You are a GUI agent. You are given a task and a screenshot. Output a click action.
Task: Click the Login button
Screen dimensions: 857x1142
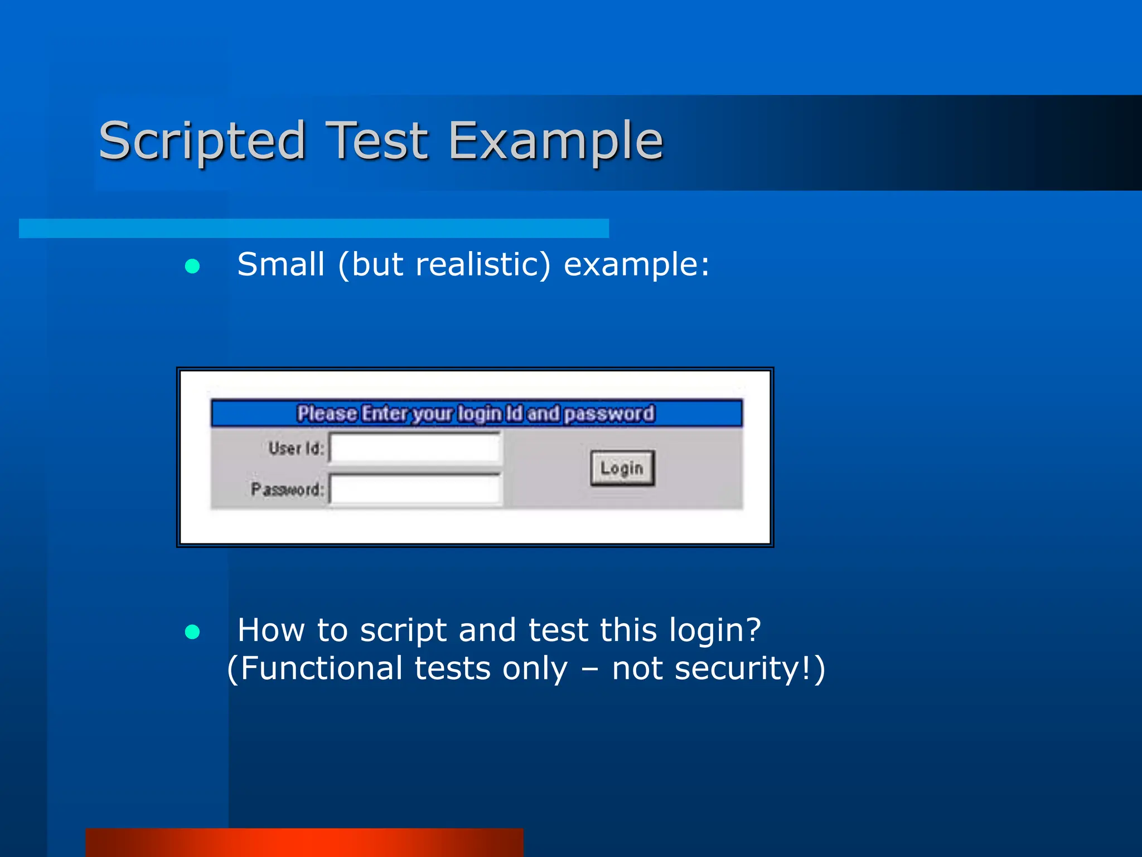(x=622, y=468)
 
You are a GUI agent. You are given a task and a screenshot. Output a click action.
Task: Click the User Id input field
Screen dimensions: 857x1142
(x=415, y=447)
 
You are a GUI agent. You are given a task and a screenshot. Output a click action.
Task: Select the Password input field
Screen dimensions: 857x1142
(x=415, y=489)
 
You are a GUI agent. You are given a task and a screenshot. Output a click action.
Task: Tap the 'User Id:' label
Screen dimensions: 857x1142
(x=296, y=448)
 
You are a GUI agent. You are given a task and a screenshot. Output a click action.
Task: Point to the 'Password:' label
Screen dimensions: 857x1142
(x=287, y=489)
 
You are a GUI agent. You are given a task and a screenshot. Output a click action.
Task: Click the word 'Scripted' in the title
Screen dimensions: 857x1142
(x=202, y=141)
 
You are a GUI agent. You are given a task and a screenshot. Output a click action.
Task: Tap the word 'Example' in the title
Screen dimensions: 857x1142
(x=555, y=141)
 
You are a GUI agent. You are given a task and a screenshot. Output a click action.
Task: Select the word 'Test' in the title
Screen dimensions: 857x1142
(x=377, y=141)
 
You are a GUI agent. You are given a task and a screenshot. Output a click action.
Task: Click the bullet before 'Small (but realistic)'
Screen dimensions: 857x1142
(x=192, y=266)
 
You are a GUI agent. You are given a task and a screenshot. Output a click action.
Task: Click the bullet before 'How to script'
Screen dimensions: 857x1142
(x=192, y=632)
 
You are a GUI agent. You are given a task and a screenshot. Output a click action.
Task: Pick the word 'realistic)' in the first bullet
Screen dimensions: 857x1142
(x=483, y=264)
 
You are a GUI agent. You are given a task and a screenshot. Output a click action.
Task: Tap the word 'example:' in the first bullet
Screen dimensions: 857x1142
(x=636, y=265)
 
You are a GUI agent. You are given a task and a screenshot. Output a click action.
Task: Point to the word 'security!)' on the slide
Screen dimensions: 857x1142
(x=749, y=668)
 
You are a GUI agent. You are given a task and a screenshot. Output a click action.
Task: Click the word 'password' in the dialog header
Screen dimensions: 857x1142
(x=609, y=413)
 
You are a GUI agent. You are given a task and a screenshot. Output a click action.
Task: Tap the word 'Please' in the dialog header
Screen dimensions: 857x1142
(x=327, y=413)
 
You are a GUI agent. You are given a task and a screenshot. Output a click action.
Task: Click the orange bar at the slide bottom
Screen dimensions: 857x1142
(x=304, y=842)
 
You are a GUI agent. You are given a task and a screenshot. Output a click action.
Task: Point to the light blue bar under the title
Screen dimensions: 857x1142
(x=313, y=228)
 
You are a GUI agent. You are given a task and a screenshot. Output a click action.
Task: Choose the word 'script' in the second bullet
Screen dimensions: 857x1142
(x=403, y=630)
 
